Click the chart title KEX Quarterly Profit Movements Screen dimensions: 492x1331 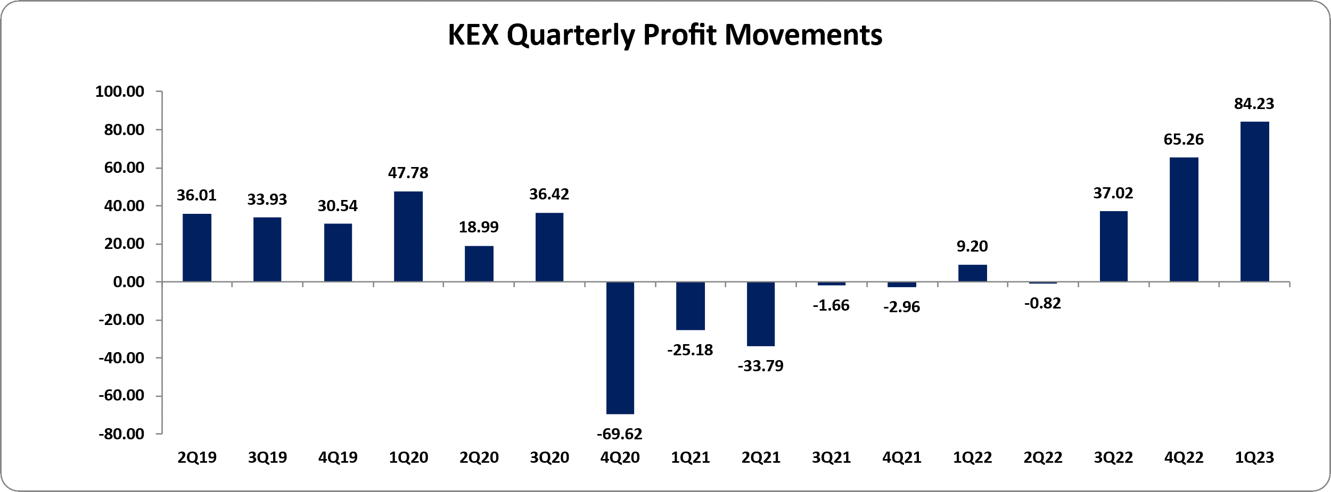tap(665, 35)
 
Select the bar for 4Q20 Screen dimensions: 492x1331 tap(620, 347)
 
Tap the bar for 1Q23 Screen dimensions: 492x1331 tap(1254, 202)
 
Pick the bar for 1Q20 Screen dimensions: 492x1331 tap(408, 236)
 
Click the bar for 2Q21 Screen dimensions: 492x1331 tap(761, 314)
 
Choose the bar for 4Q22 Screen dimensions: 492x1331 tap(1184, 219)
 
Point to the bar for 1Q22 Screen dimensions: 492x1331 tap(973, 273)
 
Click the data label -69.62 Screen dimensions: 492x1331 tap(620, 435)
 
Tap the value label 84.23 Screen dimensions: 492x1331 tap(1254, 104)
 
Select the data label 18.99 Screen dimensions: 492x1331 tap(479, 227)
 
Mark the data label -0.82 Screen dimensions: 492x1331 tap(1042, 303)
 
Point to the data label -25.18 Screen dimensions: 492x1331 tap(690, 350)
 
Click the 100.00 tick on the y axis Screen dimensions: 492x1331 tap(120, 91)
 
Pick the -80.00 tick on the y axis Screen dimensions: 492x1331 tap(121, 434)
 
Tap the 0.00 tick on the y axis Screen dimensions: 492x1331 tap(129, 282)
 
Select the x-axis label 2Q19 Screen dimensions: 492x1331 tap(197, 457)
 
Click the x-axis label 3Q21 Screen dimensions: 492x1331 tap(831, 457)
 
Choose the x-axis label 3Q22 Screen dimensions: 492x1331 tap(1113, 457)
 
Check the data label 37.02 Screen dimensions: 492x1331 tap(1113, 193)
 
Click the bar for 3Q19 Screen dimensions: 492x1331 tap(267, 249)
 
